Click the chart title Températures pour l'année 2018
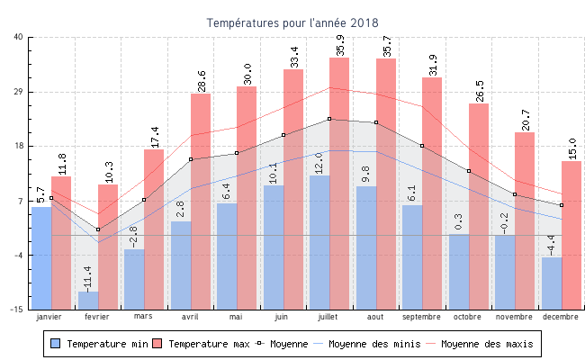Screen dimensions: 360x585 292,22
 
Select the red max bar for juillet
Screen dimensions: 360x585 339,180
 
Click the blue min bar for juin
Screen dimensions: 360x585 274,247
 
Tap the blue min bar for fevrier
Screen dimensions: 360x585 88,300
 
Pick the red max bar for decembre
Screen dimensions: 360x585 571,234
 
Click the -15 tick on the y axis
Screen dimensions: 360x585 17,310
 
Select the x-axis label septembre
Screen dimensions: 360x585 421,317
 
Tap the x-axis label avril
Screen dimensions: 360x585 190,317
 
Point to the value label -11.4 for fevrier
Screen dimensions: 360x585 88,275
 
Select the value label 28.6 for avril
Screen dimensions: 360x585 202,80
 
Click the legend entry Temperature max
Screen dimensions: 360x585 202,344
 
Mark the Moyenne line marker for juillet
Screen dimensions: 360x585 329,119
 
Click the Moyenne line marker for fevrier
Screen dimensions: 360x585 98,229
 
